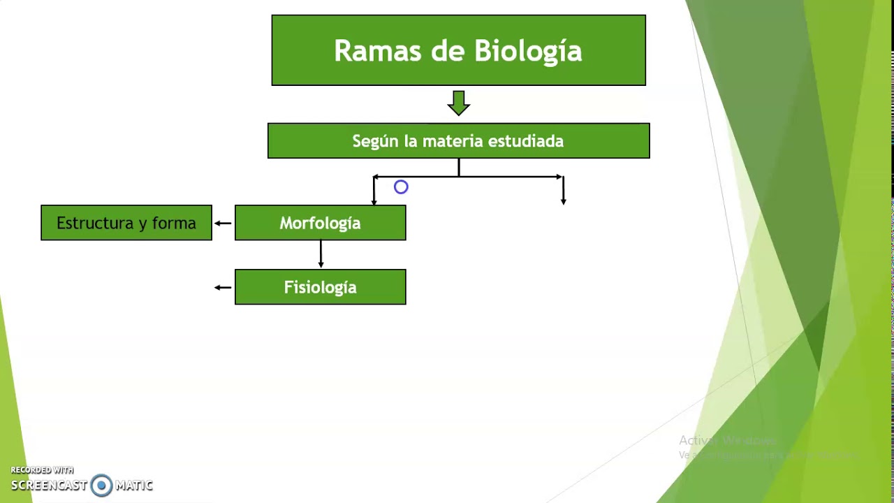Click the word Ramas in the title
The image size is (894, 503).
[369, 51]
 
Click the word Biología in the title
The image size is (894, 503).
[528, 52]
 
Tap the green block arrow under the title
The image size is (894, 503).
[459, 103]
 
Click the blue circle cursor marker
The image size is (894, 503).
[401, 187]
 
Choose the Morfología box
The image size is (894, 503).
[320, 223]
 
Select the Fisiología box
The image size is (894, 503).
[320, 287]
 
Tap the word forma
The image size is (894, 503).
[174, 223]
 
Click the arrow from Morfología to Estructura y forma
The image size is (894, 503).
[223, 224]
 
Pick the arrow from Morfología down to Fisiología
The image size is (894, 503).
[321, 255]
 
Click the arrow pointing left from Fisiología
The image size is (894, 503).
[223, 287]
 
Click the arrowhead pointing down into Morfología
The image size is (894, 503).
[374, 201]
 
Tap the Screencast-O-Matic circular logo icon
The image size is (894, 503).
[101, 486]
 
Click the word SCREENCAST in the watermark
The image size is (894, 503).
[49, 486]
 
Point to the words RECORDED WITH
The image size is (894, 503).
[42, 470]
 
